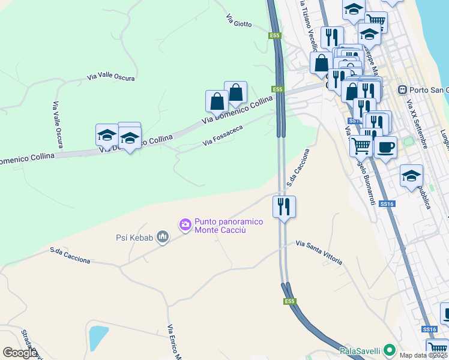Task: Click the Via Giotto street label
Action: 238,20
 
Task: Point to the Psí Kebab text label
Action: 134,238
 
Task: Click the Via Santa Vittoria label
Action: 319,253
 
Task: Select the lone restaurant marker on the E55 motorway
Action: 283,206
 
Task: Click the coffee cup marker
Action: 385,147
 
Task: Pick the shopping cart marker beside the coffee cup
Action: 361,145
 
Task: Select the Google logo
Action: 20,352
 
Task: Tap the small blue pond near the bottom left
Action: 98,338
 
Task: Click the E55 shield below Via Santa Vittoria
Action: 290,301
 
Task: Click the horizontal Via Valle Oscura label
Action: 111,77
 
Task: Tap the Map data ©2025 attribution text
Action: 423,355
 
